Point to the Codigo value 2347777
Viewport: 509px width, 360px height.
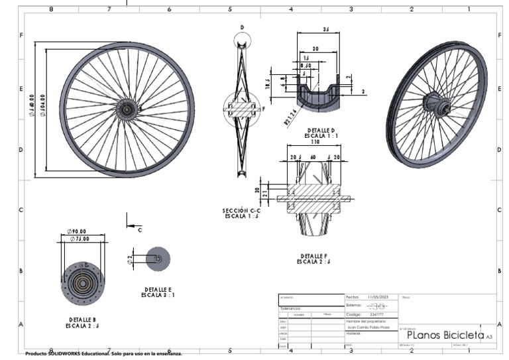(376, 314)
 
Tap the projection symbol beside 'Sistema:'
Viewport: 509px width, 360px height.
(376, 306)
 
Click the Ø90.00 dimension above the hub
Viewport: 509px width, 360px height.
(76, 231)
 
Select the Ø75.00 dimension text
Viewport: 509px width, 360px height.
(78, 239)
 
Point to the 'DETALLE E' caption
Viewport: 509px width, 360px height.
(158, 290)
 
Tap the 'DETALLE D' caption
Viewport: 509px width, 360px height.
(321, 131)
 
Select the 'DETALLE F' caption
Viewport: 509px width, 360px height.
(314, 255)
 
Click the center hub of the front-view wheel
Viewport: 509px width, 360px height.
(126, 109)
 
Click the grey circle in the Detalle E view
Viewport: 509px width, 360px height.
(158, 259)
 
